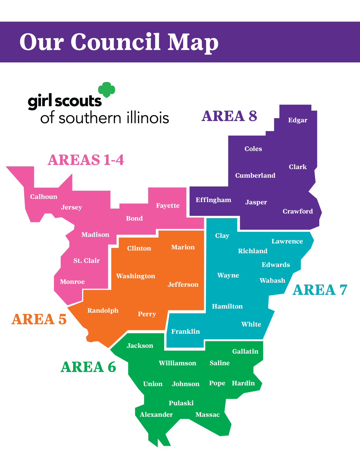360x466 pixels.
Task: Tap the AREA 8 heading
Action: pos(229,116)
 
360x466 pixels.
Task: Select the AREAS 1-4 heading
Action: pos(86,160)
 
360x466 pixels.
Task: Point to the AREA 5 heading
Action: pos(39,319)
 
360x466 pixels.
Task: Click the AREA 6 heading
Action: pos(88,367)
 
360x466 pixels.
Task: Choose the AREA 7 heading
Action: pos(320,290)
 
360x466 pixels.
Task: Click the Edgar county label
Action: pos(298,120)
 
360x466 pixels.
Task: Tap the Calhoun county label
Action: pos(44,197)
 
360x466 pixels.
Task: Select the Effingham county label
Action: pos(213,200)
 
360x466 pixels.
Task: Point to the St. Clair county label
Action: pos(87,261)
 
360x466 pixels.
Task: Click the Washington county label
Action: pos(136,276)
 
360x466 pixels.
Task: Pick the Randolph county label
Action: pos(103,310)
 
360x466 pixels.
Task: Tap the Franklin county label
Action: pos(186,331)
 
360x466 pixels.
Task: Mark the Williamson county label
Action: pos(177,363)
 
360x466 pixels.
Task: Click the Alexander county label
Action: pos(156,415)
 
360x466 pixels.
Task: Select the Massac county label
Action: pos(208,415)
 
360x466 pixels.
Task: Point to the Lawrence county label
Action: pos(287,241)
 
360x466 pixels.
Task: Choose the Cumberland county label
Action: pos(255,176)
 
